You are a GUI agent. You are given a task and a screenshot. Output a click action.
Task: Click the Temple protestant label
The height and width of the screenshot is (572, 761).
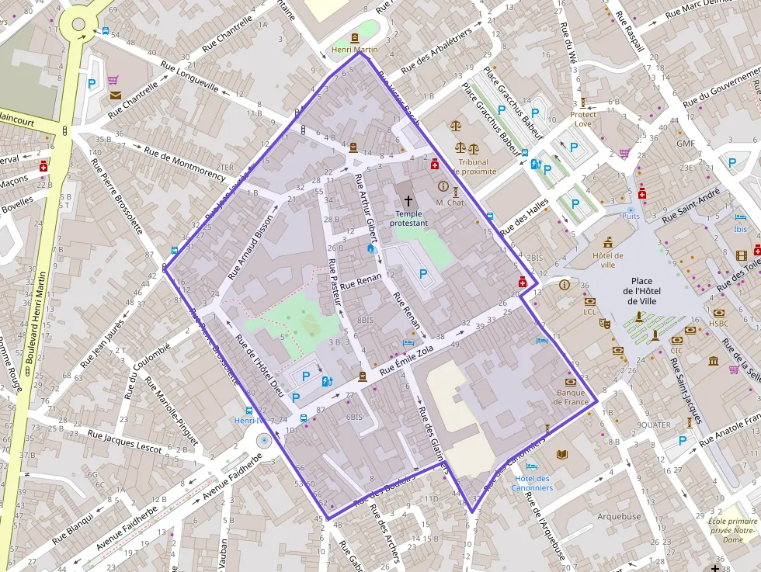click(408, 218)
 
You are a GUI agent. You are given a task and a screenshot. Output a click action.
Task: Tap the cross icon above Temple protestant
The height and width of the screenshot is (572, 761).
click(408, 200)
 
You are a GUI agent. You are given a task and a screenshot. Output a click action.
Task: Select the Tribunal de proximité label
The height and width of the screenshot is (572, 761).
click(474, 167)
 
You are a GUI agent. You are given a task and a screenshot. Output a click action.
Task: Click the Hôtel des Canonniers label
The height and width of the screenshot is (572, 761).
click(533, 483)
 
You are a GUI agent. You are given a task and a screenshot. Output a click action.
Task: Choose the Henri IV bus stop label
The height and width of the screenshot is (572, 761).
click(249, 420)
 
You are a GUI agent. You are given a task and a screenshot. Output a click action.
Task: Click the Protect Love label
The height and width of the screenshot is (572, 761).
click(583, 119)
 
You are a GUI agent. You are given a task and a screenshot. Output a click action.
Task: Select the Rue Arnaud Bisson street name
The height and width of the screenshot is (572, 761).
click(252, 246)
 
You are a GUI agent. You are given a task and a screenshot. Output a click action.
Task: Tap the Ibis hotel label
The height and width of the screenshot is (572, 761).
click(741, 229)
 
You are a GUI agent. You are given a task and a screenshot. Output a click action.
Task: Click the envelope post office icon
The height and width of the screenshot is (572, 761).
click(116, 95)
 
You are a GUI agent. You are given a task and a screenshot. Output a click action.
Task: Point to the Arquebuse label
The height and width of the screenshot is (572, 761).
click(619, 516)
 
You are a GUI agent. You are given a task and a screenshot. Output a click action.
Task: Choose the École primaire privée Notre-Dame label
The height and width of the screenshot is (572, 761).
click(732, 529)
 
